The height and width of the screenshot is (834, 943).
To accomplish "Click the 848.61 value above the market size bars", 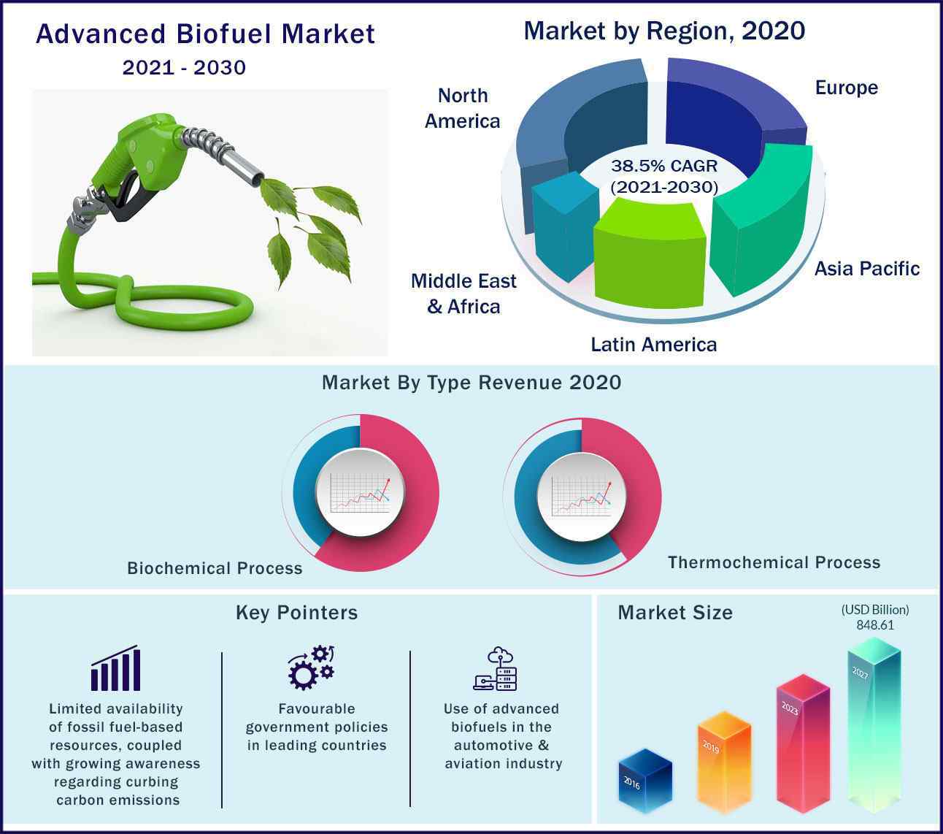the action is pos(875,625).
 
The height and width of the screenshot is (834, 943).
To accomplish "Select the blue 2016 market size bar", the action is pos(645,781).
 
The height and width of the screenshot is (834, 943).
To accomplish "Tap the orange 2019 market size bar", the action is pos(724,762).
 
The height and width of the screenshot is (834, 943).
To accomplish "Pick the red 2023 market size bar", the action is pos(803,743).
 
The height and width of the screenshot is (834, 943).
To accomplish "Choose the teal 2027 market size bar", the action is pos(874,725).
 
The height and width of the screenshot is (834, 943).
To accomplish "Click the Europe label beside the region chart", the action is pos(847,88).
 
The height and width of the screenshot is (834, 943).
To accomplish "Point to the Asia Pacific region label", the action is pos(867,269).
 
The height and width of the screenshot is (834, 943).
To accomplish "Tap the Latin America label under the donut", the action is pos(654,345).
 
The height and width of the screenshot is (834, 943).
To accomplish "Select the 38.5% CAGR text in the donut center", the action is pos(664,166).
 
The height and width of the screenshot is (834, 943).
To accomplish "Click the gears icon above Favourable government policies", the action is pos(311,667).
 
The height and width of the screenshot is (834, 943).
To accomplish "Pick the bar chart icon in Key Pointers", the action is pos(116,667).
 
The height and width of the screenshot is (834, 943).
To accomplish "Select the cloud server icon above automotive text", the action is pos(496,668).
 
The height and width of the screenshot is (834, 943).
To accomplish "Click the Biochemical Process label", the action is pos(215,568).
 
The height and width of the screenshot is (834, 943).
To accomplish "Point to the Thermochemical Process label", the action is pos(774,562).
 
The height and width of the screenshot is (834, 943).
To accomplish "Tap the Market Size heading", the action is pos(675,612).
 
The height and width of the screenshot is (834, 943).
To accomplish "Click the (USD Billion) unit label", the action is pos(875,610).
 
